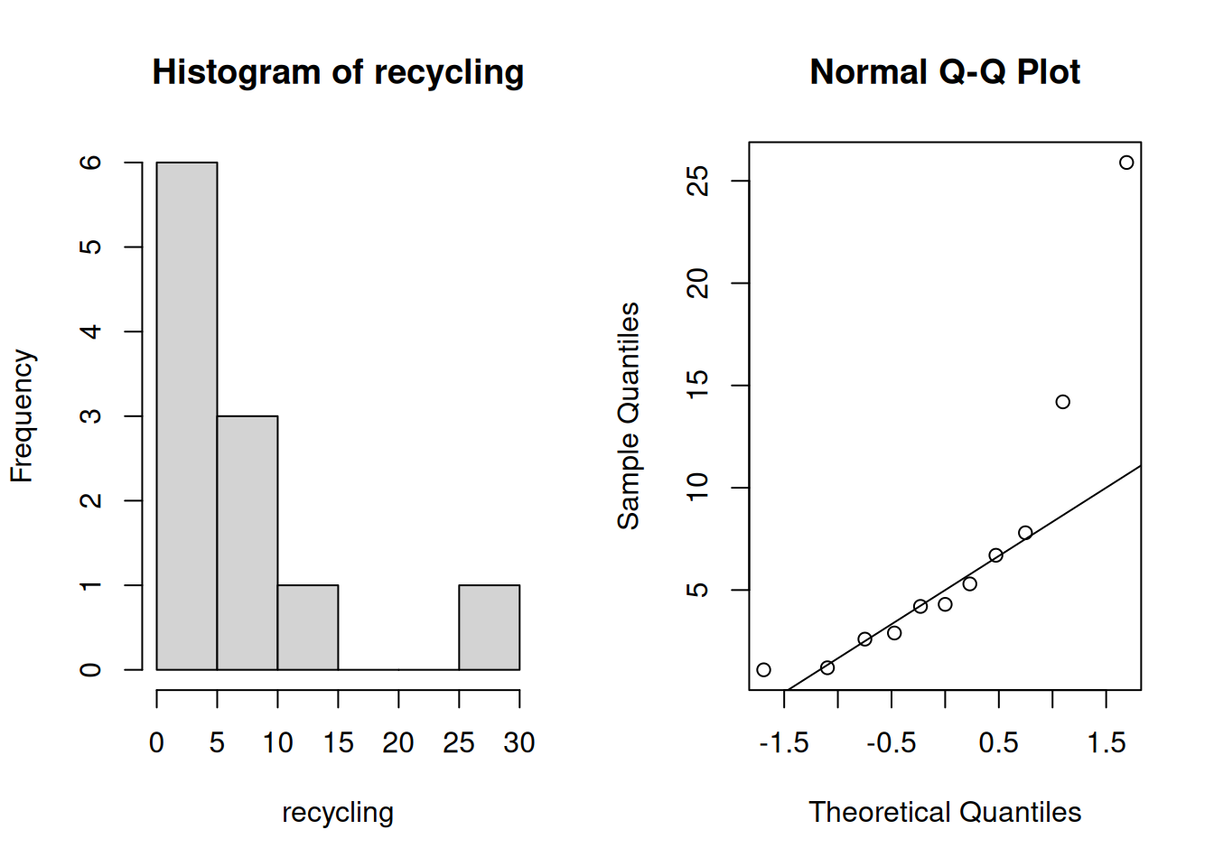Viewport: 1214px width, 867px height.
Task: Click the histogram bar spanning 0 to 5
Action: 187,415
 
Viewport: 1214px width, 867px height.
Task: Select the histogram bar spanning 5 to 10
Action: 247,543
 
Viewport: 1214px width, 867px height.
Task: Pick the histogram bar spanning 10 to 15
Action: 308,628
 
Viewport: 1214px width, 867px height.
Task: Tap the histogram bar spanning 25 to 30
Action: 490,628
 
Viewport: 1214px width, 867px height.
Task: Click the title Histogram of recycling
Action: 338,72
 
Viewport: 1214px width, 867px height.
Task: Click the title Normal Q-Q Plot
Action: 945,72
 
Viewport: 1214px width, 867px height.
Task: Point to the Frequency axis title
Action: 23,415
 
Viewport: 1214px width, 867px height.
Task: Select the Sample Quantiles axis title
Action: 629,415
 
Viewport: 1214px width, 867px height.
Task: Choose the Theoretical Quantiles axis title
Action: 945,812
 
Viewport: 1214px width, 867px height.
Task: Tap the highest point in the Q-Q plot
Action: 1126,163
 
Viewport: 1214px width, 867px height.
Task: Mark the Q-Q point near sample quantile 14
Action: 1063,402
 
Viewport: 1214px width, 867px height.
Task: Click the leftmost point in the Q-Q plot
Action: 763,670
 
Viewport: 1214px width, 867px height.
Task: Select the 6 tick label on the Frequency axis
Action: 90,162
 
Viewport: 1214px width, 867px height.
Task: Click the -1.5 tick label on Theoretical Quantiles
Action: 784,742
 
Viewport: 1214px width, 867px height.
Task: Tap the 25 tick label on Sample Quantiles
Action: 697,181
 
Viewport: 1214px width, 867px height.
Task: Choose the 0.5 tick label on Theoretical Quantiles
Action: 998,742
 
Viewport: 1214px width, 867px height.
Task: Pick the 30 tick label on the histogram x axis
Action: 519,742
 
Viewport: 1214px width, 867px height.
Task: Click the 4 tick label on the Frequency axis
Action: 90,331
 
